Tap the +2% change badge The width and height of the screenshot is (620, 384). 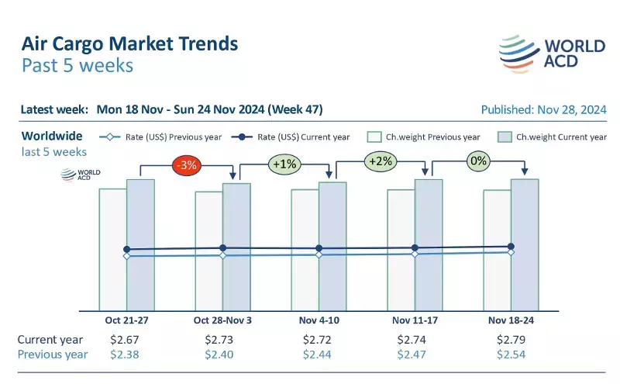(380, 161)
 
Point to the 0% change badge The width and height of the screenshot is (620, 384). (478, 161)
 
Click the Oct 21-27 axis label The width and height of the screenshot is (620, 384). (126, 320)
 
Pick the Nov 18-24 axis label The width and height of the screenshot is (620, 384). (511, 320)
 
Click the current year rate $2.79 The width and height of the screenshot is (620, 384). (511, 340)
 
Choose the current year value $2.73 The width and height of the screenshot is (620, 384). (222, 340)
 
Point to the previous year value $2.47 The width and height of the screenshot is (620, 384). (415, 355)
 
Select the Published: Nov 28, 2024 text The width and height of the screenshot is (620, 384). (543, 109)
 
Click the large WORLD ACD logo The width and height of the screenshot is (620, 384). (551, 53)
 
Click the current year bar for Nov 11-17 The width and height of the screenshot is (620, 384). (429, 244)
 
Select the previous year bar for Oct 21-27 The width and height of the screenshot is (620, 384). (112, 248)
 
